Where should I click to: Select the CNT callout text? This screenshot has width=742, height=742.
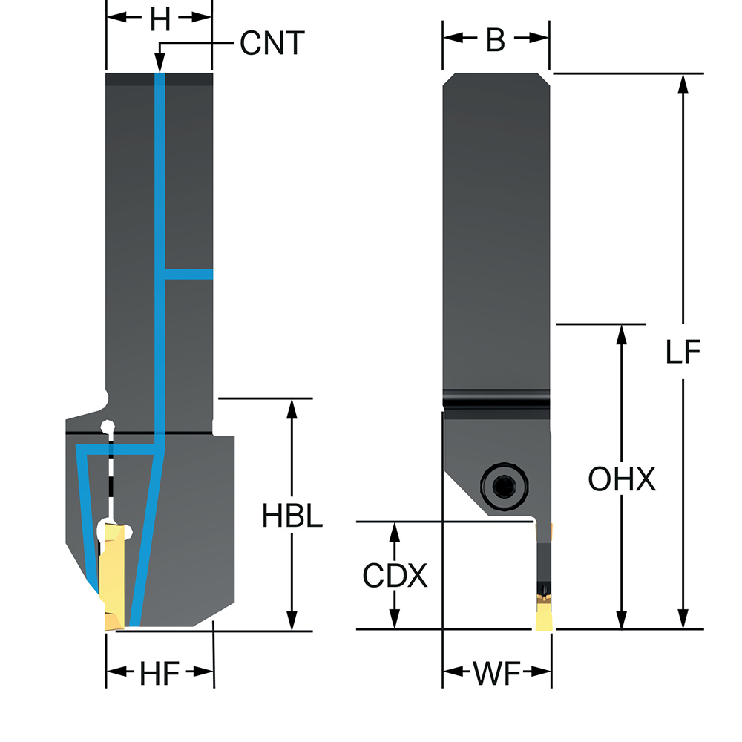pos(272,44)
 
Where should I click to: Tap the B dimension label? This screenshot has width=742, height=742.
pos(496,42)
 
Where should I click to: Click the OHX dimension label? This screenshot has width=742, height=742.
pos(622,480)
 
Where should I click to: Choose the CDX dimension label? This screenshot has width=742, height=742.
pos(395,576)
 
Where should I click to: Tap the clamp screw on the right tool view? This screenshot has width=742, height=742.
pos(501,486)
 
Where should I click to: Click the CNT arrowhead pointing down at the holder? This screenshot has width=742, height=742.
pos(160,65)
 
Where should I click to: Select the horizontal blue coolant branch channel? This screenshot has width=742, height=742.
pos(188,274)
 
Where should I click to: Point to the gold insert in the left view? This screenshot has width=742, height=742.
pos(112,579)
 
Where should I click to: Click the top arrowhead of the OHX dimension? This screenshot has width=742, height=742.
pos(622,333)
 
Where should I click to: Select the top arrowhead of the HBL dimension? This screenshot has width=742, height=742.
pos(292,408)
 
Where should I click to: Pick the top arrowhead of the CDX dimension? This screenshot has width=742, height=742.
pos(395,531)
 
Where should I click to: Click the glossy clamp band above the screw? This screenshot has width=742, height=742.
pos(497,402)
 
